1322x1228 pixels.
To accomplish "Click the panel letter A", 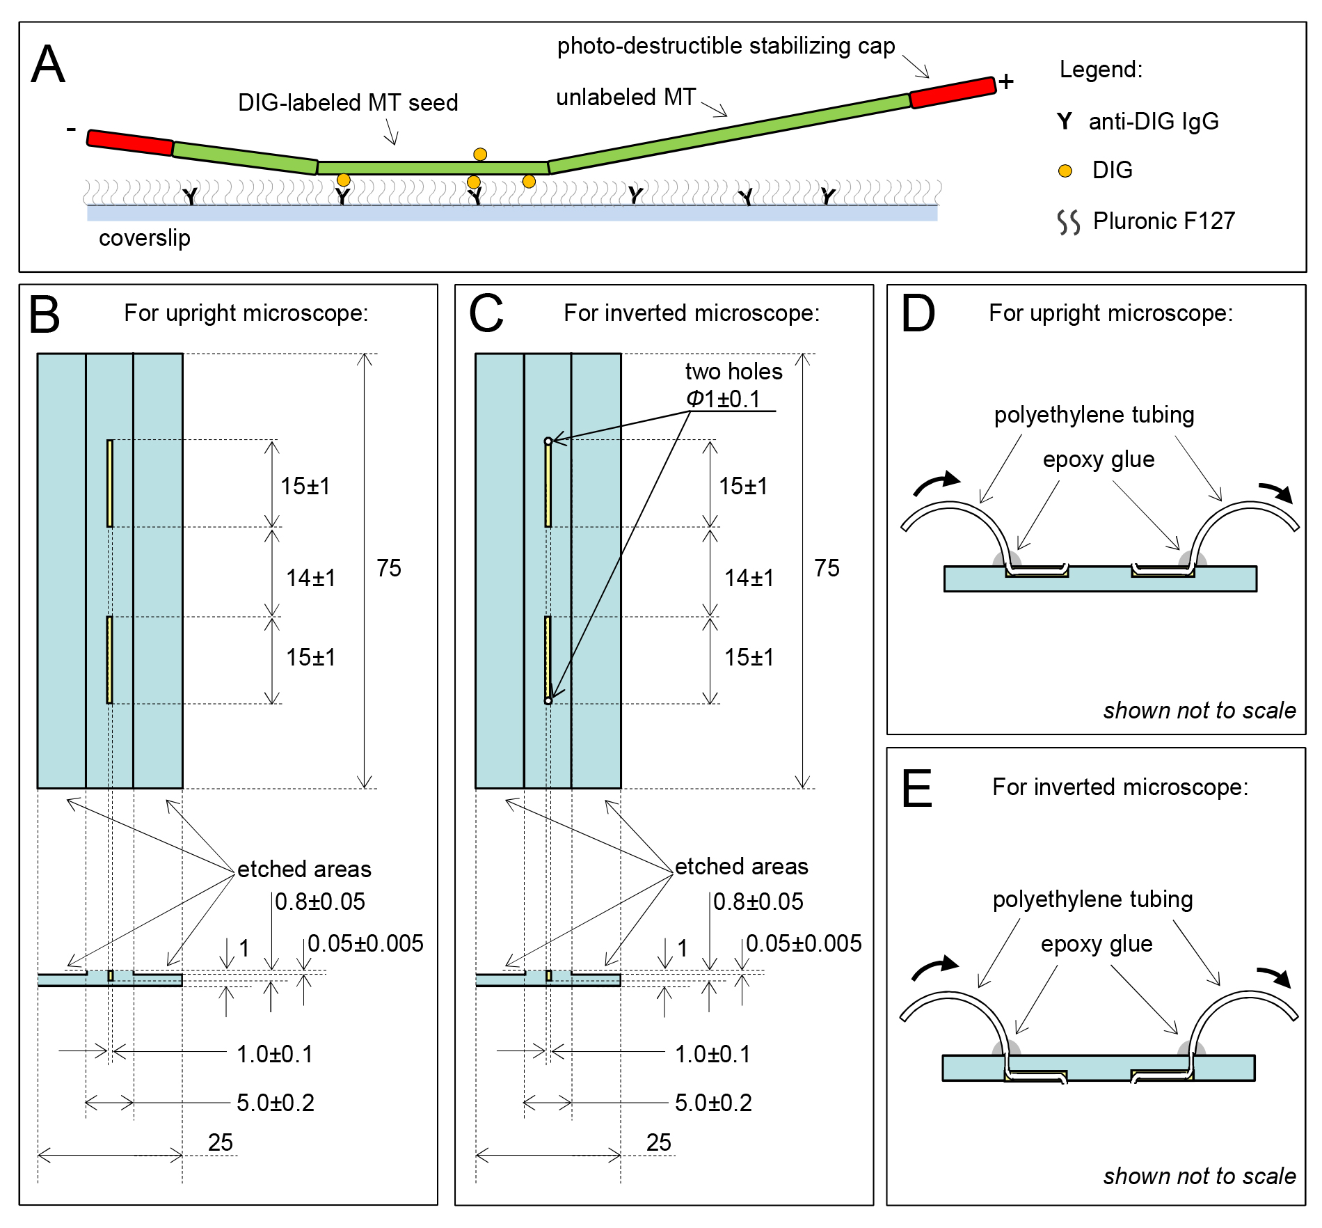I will pos(48,65).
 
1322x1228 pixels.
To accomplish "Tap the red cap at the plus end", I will pos(953,92).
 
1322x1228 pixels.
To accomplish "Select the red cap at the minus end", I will pos(130,142).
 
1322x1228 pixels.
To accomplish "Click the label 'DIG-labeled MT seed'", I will pos(348,103).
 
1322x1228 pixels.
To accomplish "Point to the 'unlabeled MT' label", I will pos(626,97).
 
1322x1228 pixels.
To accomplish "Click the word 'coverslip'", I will pos(144,238).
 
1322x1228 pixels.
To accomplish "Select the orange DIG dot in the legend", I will pos(1065,171).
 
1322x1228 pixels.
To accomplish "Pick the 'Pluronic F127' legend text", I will pos(1163,221).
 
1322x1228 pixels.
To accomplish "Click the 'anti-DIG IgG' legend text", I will pos(1153,122).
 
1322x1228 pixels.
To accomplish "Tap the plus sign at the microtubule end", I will pos(1006,81).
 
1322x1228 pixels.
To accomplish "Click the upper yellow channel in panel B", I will pos(110,483).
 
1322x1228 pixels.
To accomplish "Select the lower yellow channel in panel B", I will pos(110,660).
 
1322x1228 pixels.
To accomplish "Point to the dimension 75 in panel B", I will pos(389,568).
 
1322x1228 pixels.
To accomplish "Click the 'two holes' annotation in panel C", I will pos(733,372).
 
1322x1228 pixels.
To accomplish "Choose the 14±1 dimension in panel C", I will pos(749,578).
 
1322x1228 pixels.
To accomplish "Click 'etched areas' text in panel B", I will pos(304,869).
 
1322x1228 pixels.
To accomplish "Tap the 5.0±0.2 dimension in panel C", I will pos(713,1103).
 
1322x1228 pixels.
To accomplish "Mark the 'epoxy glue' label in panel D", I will pos(1098,459).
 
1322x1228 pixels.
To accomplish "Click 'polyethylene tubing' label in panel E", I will pos(1092,899).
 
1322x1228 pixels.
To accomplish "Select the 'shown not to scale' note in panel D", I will pos(1199,710).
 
